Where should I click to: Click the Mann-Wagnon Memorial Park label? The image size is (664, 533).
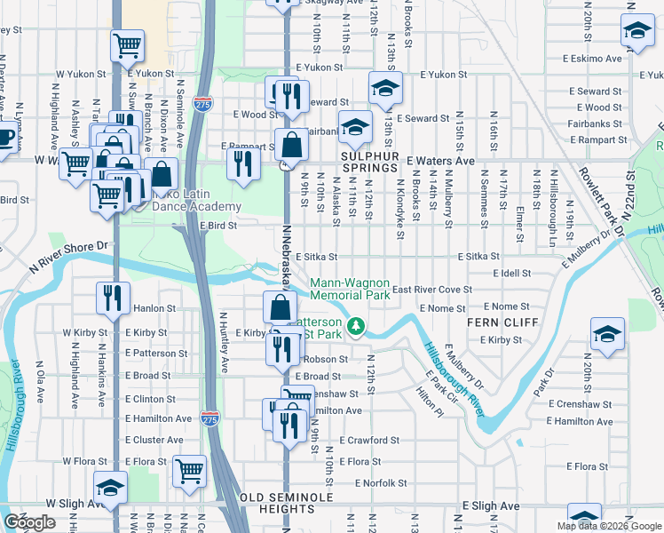[x=349, y=289]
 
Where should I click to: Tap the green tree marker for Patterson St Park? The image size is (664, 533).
[x=356, y=327]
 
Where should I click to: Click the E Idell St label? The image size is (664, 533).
[x=509, y=274]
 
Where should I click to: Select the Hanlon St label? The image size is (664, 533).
[x=154, y=309]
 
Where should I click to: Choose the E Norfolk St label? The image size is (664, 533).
[x=379, y=483]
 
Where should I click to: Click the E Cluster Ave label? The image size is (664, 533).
[x=155, y=440]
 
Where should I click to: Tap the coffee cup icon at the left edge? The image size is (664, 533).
[x=5, y=138]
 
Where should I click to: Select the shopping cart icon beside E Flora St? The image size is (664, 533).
[x=189, y=470]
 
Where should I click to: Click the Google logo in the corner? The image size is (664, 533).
[x=29, y=522]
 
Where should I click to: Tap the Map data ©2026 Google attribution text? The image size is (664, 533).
[x=608, y=526]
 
